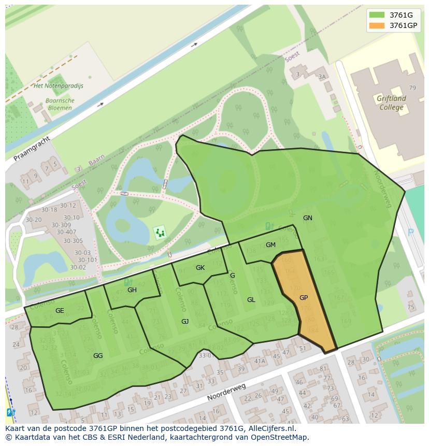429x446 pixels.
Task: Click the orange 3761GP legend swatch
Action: tap(377, 25)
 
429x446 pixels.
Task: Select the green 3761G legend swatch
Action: tap(377, 15)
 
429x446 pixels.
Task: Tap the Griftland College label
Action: tap(391, 103)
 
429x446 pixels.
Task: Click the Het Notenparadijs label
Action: tap(58, 85)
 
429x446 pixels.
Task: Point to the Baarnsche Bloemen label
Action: tap(60, 104)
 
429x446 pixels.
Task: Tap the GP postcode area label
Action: tap(304, 298)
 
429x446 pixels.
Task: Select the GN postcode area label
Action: tap(308, 218)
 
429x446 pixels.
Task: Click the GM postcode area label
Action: tap(270, 245)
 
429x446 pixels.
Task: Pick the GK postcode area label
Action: tap(201, 268)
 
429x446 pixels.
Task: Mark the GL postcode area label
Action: tap(251, 300)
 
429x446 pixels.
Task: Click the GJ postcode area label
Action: tap(185, 322)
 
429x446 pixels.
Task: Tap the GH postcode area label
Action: tap(132, 290)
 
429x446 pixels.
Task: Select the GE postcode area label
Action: tap(60, 311)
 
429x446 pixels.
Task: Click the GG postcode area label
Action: tap(98, 356)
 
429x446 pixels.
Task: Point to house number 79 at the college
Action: tap(412, 88)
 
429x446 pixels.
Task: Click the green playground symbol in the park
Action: tap(160, 233)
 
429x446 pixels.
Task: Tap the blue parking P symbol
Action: tap(411, 233)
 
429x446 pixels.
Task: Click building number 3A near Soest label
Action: tap(322, 77)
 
